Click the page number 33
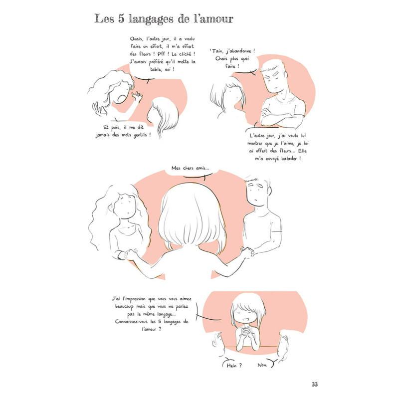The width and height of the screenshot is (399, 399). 315,384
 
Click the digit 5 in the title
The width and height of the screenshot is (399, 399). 121,19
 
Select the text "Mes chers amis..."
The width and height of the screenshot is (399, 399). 190,168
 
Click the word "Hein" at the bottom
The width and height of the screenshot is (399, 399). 231,366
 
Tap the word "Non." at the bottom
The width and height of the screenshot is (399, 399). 262,365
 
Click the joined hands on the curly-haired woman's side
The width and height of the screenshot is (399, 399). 130,254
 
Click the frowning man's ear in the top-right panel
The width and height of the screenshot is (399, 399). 285,75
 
